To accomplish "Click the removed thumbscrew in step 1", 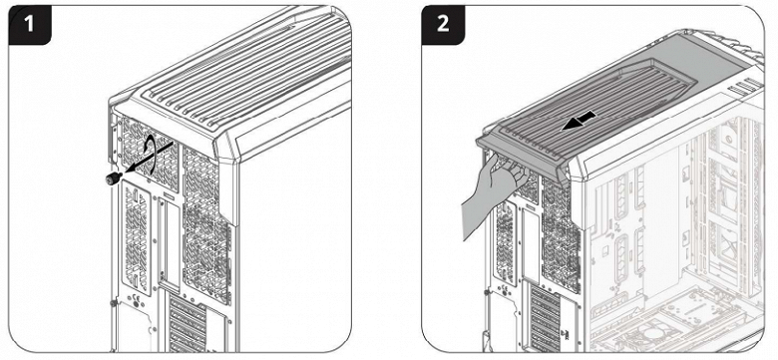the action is click(113, 179).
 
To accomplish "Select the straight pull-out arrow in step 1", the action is click(149, 158).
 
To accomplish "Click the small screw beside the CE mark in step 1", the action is click(114, 302).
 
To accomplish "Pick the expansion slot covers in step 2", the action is click(546, 317).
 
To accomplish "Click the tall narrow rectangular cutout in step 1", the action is click(168, 244).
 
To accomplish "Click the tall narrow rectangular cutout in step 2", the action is click(531, 243).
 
